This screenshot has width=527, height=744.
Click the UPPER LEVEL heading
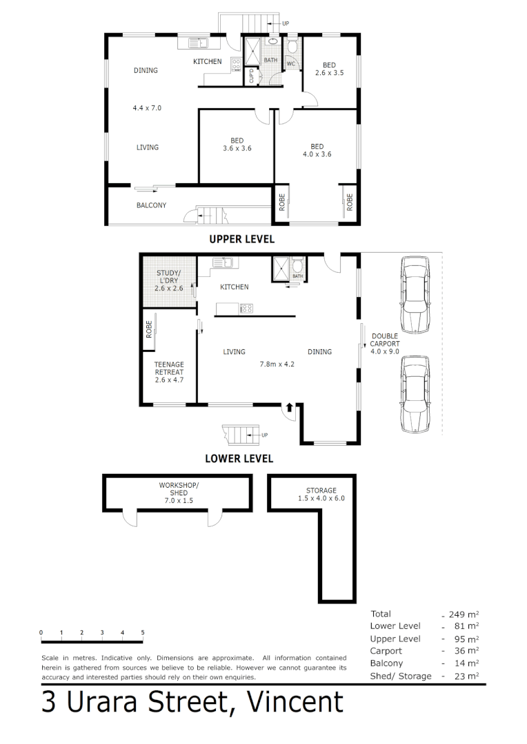coord(241,239)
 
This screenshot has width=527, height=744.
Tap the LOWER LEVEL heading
coord(239,458)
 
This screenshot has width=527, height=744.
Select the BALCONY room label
coord(151,205)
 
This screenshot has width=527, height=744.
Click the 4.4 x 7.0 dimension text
coord(147,107)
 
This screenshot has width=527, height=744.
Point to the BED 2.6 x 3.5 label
coord(329,69)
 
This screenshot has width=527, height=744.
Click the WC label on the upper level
coord(290,63)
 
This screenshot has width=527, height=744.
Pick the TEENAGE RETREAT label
coord(169,372)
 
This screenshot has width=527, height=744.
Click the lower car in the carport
coord(414,393)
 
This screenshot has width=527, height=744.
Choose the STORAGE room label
coord(321,495)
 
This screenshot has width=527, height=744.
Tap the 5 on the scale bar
coord(143,632)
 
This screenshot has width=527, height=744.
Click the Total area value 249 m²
coord(463,614)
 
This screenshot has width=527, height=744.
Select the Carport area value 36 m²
coord(466,651)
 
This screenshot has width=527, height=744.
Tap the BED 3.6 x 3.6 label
coord(237,145)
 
